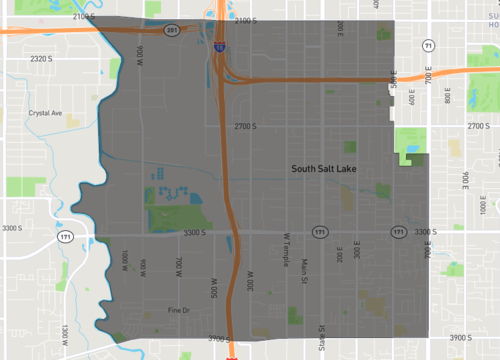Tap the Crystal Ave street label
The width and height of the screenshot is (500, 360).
tap(45, 113)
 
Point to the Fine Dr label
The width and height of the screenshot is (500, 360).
tap(179, 311)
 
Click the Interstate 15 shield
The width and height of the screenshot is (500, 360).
tap(218, 46)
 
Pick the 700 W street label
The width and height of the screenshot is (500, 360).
tap(179, 266)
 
